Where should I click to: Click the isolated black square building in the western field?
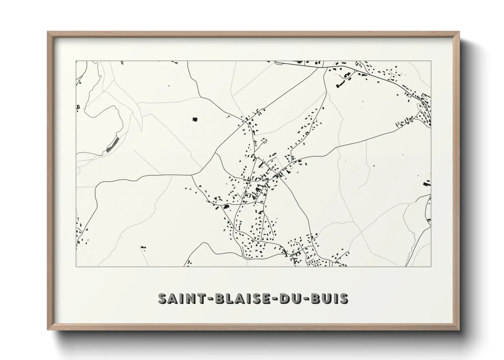tap(195, 119)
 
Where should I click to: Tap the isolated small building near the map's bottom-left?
tap(143, 247)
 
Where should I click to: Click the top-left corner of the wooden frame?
tap(48, 32)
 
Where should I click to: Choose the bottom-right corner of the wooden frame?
tap(459, 330)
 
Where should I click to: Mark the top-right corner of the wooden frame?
tap(459, 32)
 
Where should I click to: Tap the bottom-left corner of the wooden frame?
tap(48, 330)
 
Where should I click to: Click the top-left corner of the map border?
tap(76, 61)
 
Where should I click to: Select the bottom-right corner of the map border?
tap(431, 266)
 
